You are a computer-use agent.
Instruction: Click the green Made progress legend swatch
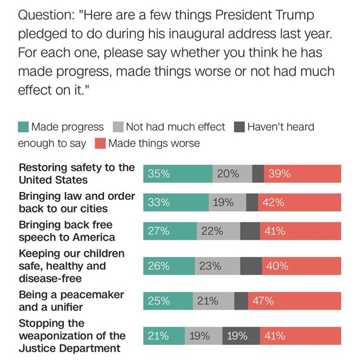[23, 127]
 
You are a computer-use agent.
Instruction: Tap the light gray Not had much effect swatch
[118, 127]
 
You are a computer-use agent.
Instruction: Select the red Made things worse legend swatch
[100, 144]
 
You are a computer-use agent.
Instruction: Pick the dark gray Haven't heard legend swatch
[238, 127]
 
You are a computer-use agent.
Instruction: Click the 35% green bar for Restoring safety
[178, 174]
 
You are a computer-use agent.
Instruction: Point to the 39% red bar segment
[303, 174]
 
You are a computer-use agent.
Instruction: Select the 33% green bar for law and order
[176, 203]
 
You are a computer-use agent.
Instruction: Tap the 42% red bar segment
[300, 203]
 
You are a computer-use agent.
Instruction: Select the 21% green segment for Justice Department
[164, 335]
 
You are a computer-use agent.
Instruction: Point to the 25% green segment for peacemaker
[168, 301]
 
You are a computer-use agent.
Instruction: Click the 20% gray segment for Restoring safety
[232, 174]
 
